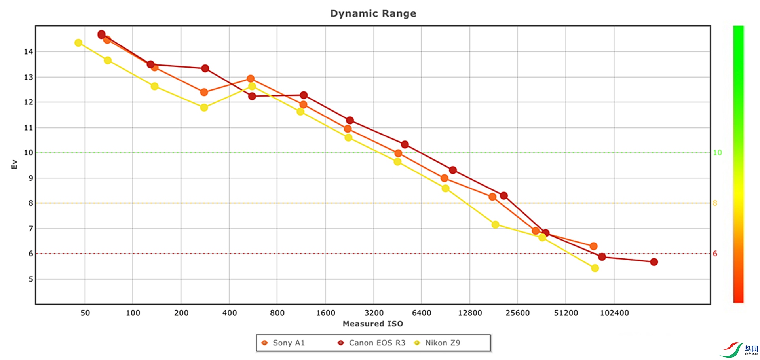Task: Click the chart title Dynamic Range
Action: pyautogui.click(x=373, y=13)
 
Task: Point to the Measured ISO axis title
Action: pyautogui.click(x=372, y=324)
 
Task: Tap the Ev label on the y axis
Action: pyautogui.click(x=14, y=164)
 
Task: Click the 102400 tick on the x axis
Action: pyautogui.click(x=614, y=313)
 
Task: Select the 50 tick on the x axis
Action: pyautogui.click(x=85, y=313)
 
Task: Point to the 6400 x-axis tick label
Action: pyautogui.click(x=421, y=313)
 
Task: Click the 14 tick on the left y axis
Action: pyautogui.click(x=28, y=51)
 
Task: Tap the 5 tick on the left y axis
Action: pyautogui.click(x=31, y=279)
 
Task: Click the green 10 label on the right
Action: pyautogui.click(x=717, y=153)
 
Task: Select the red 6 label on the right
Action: pyautogui.click(x=715, y=254)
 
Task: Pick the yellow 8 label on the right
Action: pyautogui.click(x=715, y=203)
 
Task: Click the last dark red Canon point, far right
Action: pyautogui.click(x=654, y=262)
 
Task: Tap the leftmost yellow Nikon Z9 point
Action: pyautogui.click(x=78, y=43)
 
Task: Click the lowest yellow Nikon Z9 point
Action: pyautogui.click(x=595, y=268)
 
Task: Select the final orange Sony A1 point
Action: pyautogui.click(x=593, y=246)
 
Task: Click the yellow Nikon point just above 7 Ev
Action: pyautogui.click(x=495, y=225)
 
